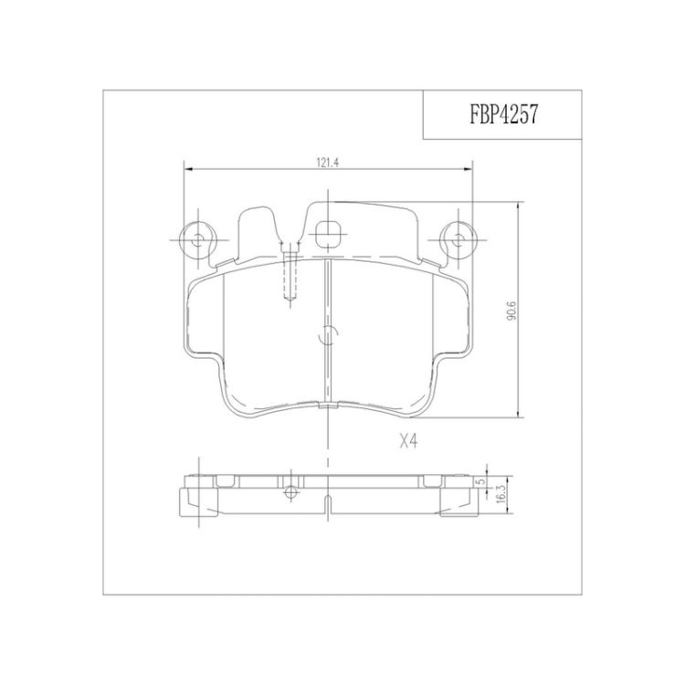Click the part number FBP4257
pyautogui.click(x=503, y=115)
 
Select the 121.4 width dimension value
pyautogui.click(x=328, y=163)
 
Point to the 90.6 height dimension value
pyautogui.click(x=511, y=311)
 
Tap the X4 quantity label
pyautogui.click(x=409, y=442)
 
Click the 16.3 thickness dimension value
pyautogui.click(x=501, y=496)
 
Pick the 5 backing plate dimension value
pyautogui.click(x=481, y=481)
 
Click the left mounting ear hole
pyautogui.click(x=198, y=239)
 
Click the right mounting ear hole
pyautogui.click(x=458, y=239)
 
